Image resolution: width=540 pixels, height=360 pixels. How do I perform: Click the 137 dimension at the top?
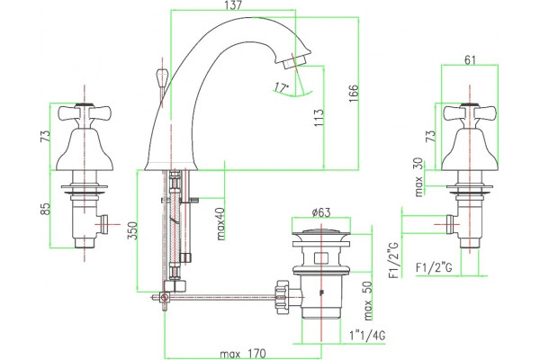(x=233, y=5)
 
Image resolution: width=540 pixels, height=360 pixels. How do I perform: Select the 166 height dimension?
(x=354, y=93)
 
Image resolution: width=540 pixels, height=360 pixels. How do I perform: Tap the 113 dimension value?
(x=319, y=118)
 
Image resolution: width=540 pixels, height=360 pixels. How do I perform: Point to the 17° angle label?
(x=282, y=87)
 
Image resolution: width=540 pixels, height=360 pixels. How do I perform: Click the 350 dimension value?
(x=132, y=230)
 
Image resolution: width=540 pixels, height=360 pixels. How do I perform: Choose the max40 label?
(x=220, y=223)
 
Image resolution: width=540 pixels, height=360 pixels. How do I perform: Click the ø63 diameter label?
(x=321, y=212)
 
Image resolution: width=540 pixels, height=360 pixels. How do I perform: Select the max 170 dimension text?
(x=243, y=354)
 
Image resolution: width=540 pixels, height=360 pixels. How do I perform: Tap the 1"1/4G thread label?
(x=367, y=335)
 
